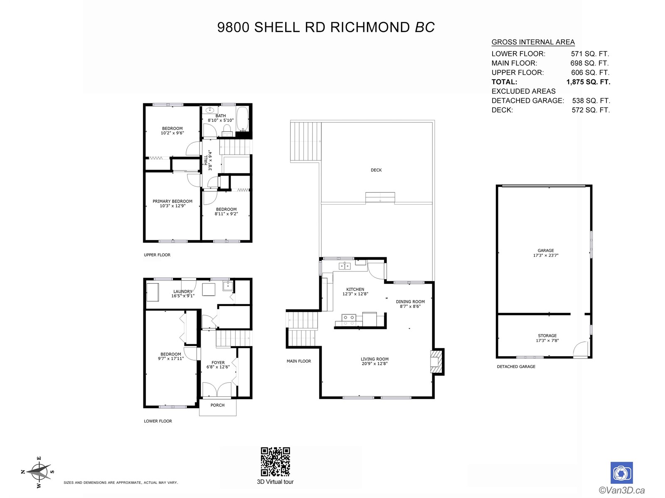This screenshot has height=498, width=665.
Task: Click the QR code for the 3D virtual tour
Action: coord(275,461)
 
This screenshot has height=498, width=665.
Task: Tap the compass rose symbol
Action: coord(38,472)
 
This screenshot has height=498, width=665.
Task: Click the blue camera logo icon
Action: coord(621,473)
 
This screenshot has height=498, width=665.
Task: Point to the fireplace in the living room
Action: coord(437,361)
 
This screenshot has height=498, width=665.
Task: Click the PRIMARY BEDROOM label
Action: coord(172,201)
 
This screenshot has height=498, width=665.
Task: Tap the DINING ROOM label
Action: coord(410,301)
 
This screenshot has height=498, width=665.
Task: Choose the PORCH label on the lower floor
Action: coord(217,405)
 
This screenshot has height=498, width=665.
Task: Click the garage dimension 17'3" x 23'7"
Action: coord(546,255)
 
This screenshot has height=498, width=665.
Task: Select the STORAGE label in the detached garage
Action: coord(547,336)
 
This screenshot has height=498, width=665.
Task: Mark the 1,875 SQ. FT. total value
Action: coord(589,82)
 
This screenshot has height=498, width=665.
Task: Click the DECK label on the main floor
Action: coord(376,170)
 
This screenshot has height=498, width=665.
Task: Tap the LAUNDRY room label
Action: coord(183,291)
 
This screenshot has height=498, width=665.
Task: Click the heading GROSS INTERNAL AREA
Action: coord(533,42)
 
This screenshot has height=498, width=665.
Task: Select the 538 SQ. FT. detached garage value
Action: coord(591,101)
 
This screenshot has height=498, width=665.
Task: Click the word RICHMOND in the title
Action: coord(370,27)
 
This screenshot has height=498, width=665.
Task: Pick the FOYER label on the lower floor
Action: coord(218,363)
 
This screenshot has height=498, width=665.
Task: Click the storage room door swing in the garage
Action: coord(580,349)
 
